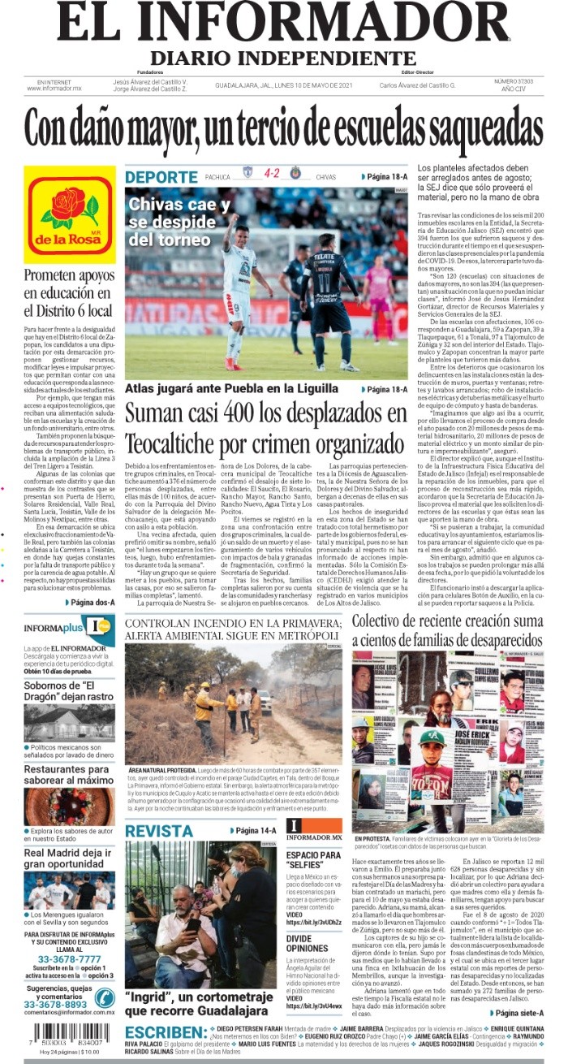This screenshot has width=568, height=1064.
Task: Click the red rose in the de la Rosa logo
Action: tap(70, 207)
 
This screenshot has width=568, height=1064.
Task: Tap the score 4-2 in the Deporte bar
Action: tap(271, 174)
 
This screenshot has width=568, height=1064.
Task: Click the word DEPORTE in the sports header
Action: tap(161, 177)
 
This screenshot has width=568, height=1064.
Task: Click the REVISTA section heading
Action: tap(159, 831)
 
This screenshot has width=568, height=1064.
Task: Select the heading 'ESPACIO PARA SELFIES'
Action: tap(312, 861)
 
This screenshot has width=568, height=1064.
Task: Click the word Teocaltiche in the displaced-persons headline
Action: tap(180, 443)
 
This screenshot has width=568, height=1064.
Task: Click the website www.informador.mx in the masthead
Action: tap(54, 89)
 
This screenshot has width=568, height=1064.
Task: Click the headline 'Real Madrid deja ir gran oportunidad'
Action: tap(68, 859)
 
